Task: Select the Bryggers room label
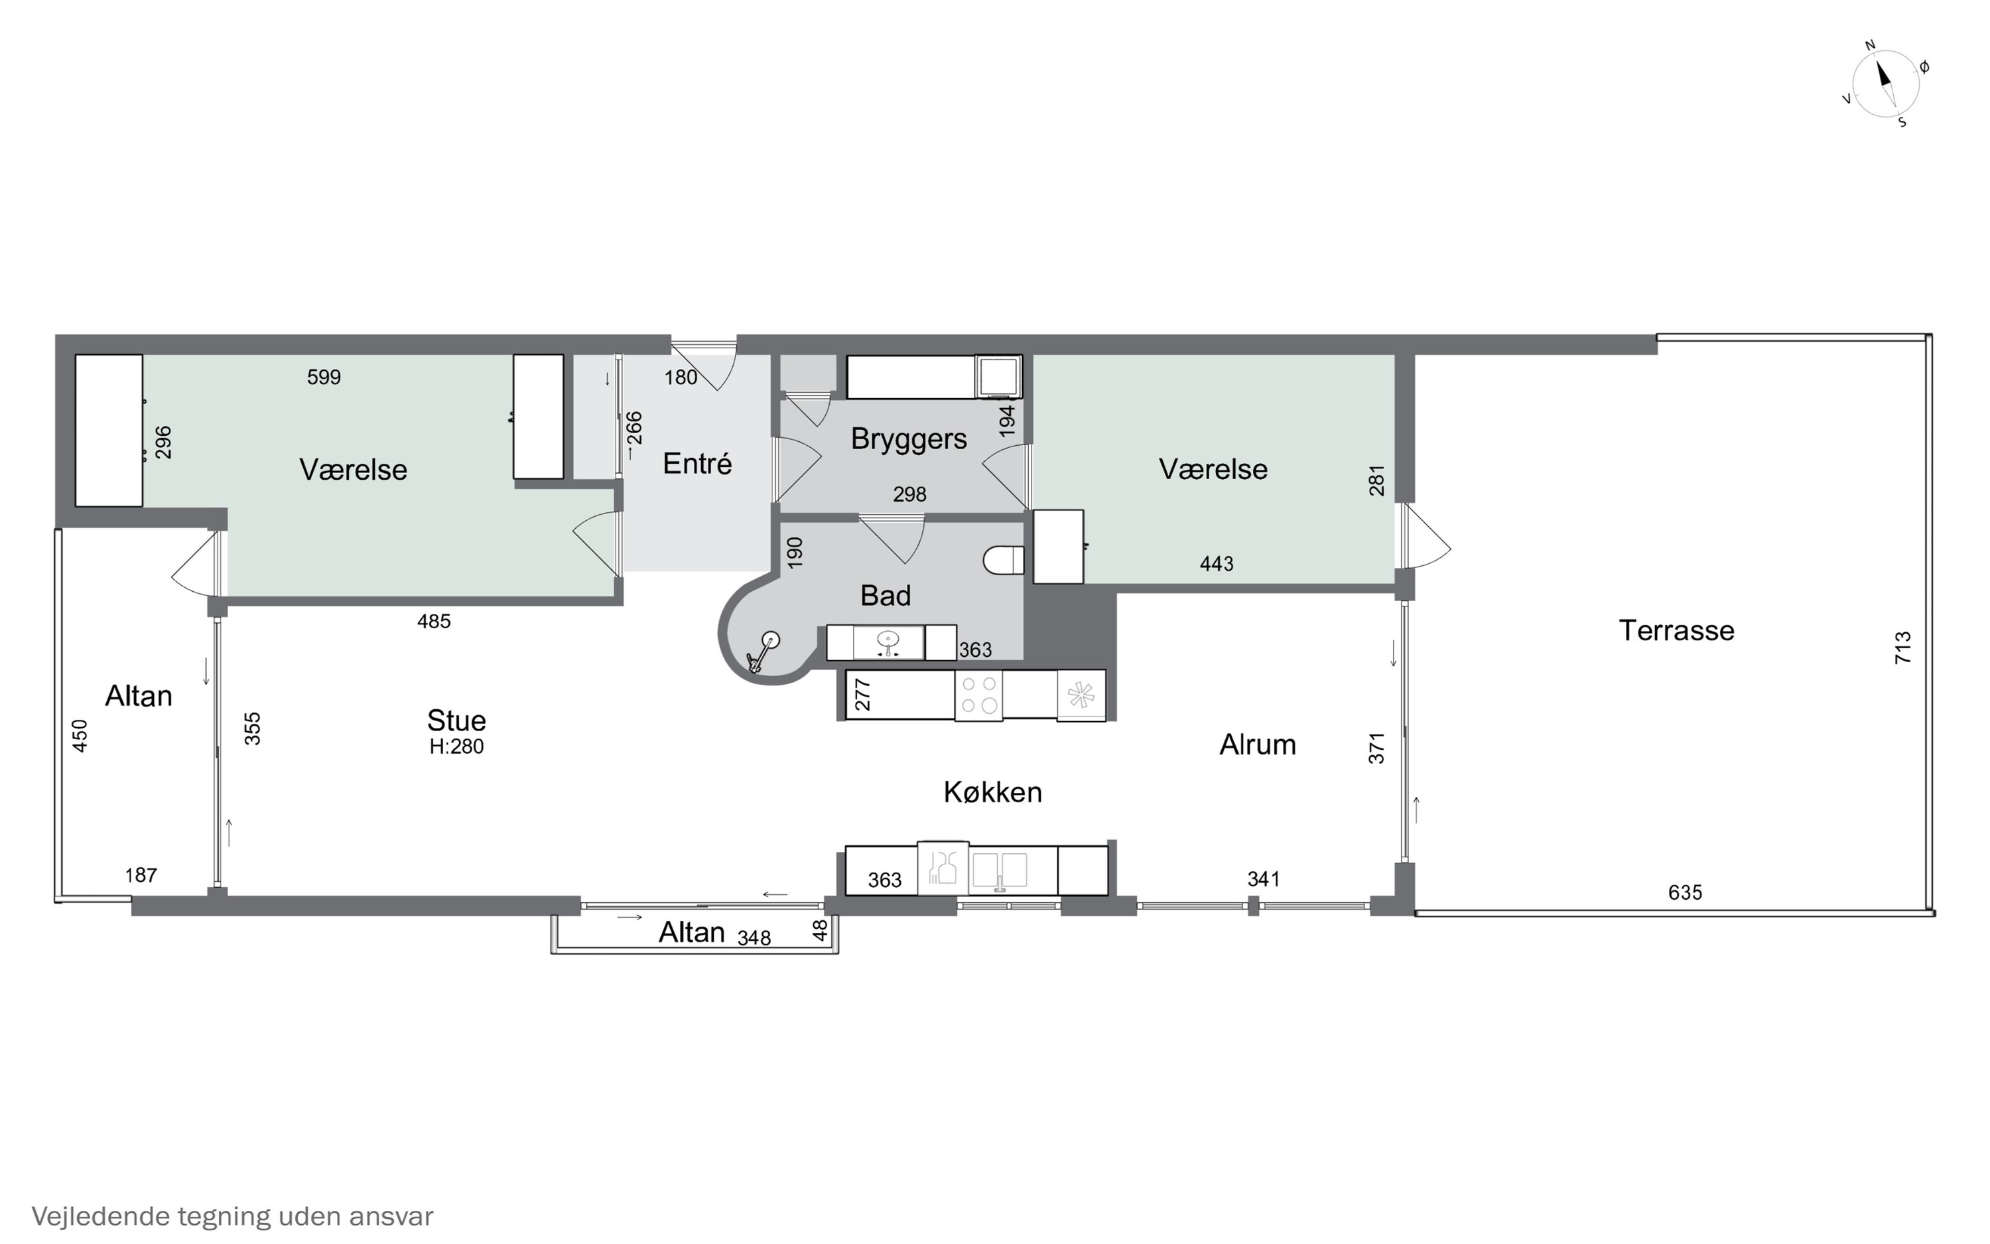[x=909, y=439]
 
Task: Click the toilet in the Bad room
[x=1003, y=560]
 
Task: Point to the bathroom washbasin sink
[x=888, y=641]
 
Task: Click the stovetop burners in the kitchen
[x=978, y=695]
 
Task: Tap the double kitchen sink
[x=999, y=870]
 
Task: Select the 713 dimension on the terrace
[x=1902, y=648]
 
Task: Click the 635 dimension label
[x=1685, y=892]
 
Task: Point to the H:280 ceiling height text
[x=456, y=746]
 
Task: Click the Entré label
[x=697, y=464]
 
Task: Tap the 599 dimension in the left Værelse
[x=324, y=377]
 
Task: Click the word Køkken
[x=992, y=792]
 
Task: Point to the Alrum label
[x=1257, y=744]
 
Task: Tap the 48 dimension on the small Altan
[x=820, y=931]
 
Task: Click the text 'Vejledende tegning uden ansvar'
[x=232, y=1216]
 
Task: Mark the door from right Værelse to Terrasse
[x=1425, y=537]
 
